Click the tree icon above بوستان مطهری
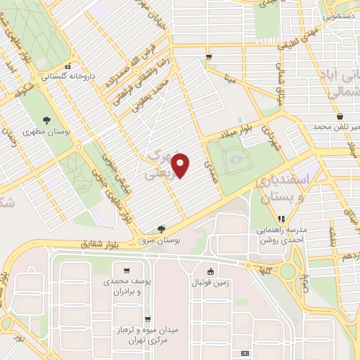tap(46, 120)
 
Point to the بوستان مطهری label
tap(39, 131)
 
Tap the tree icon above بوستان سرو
tap(162, 229)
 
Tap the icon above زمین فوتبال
tap(210, 271)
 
